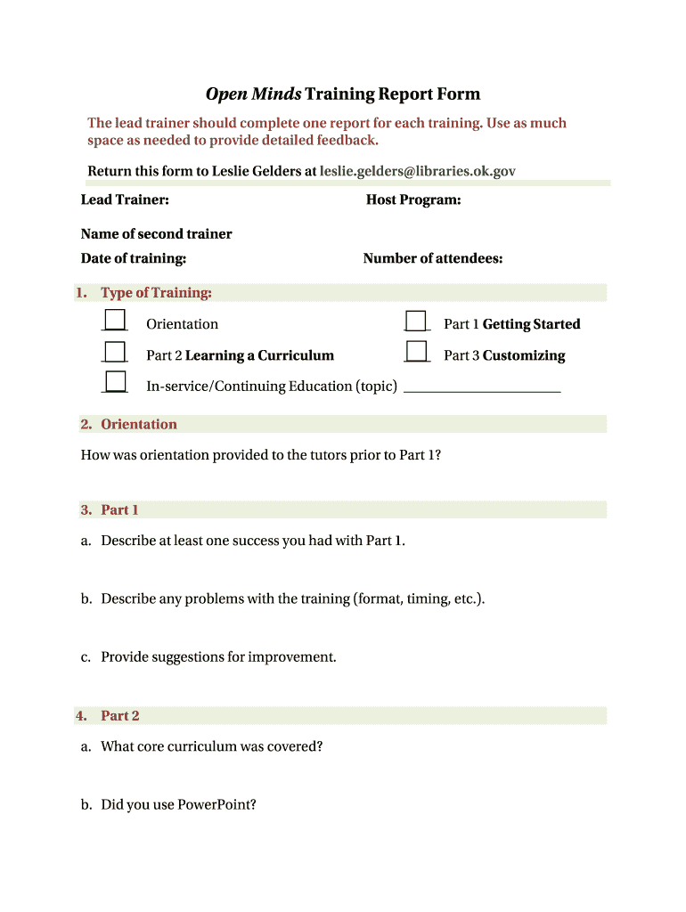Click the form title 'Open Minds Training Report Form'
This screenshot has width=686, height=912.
pyautogui.click(x=343, y=94)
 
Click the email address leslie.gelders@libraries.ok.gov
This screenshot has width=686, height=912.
pyautogui.click(x=417, y=171)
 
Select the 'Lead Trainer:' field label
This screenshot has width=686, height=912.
pyautogui.click(x=125, y=199)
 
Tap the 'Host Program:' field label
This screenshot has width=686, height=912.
pyautogui.click(x=413, y=199)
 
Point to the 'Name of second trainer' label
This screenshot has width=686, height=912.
pyautogui.click(x=156, y=233)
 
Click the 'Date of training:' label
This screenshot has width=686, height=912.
pyautogui.click(x=134, y=258)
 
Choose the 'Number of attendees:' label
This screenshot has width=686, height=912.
pyautogui.click(x=433, y=258)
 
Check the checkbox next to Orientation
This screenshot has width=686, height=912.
pyautogui.click(x=115, y=321)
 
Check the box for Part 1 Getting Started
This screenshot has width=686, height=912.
pyautogui.click(x=416, y=321)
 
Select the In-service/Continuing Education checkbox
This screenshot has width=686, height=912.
pyautogui.click(x=115, y=382)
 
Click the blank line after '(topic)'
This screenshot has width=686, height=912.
pyautogui.click(x=482, y=388)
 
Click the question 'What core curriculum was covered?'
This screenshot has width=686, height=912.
pyautogui.click(x=211, y=746)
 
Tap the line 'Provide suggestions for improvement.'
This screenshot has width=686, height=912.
pyautogui.click(x=218, y=657)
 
